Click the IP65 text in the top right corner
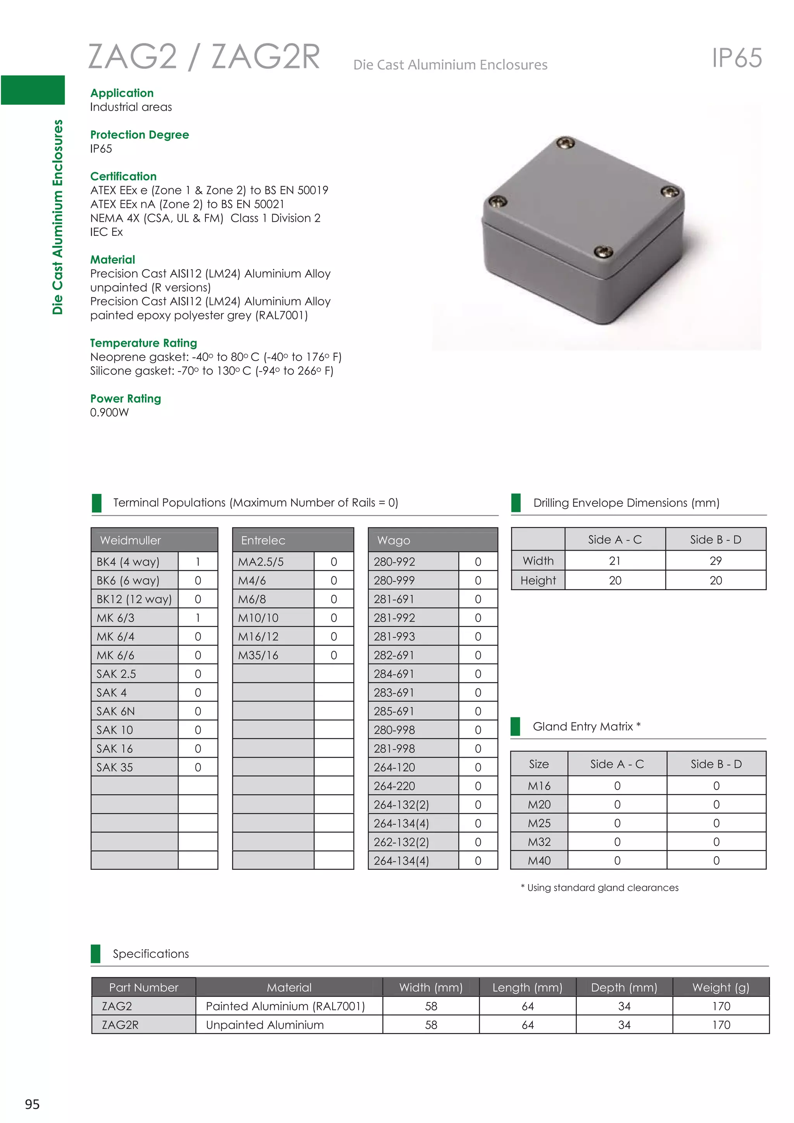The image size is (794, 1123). (736, 58)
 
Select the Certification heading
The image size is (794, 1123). (123, 176)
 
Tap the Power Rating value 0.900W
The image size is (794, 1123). (109, 412)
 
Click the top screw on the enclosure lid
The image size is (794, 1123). (566, 143)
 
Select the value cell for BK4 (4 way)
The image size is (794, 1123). (197, 561)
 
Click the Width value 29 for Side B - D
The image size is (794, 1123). (715, 560)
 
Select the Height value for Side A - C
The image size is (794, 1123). (614, 580)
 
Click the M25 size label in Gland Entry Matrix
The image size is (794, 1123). (539, 823)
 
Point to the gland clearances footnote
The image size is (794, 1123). (599, 887)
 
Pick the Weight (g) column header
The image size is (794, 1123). (720, 987)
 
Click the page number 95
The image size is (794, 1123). (32, 1104)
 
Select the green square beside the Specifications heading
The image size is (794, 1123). (96, 953)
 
